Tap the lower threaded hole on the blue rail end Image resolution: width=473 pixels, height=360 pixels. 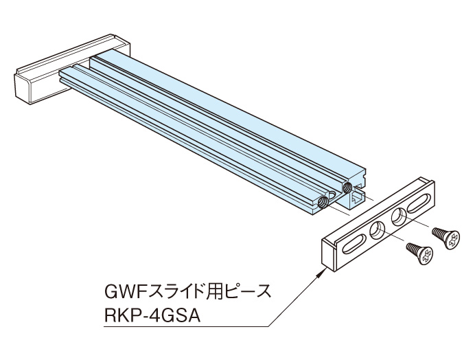coord(323,202)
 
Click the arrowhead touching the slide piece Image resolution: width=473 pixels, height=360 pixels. coord(319,272)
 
